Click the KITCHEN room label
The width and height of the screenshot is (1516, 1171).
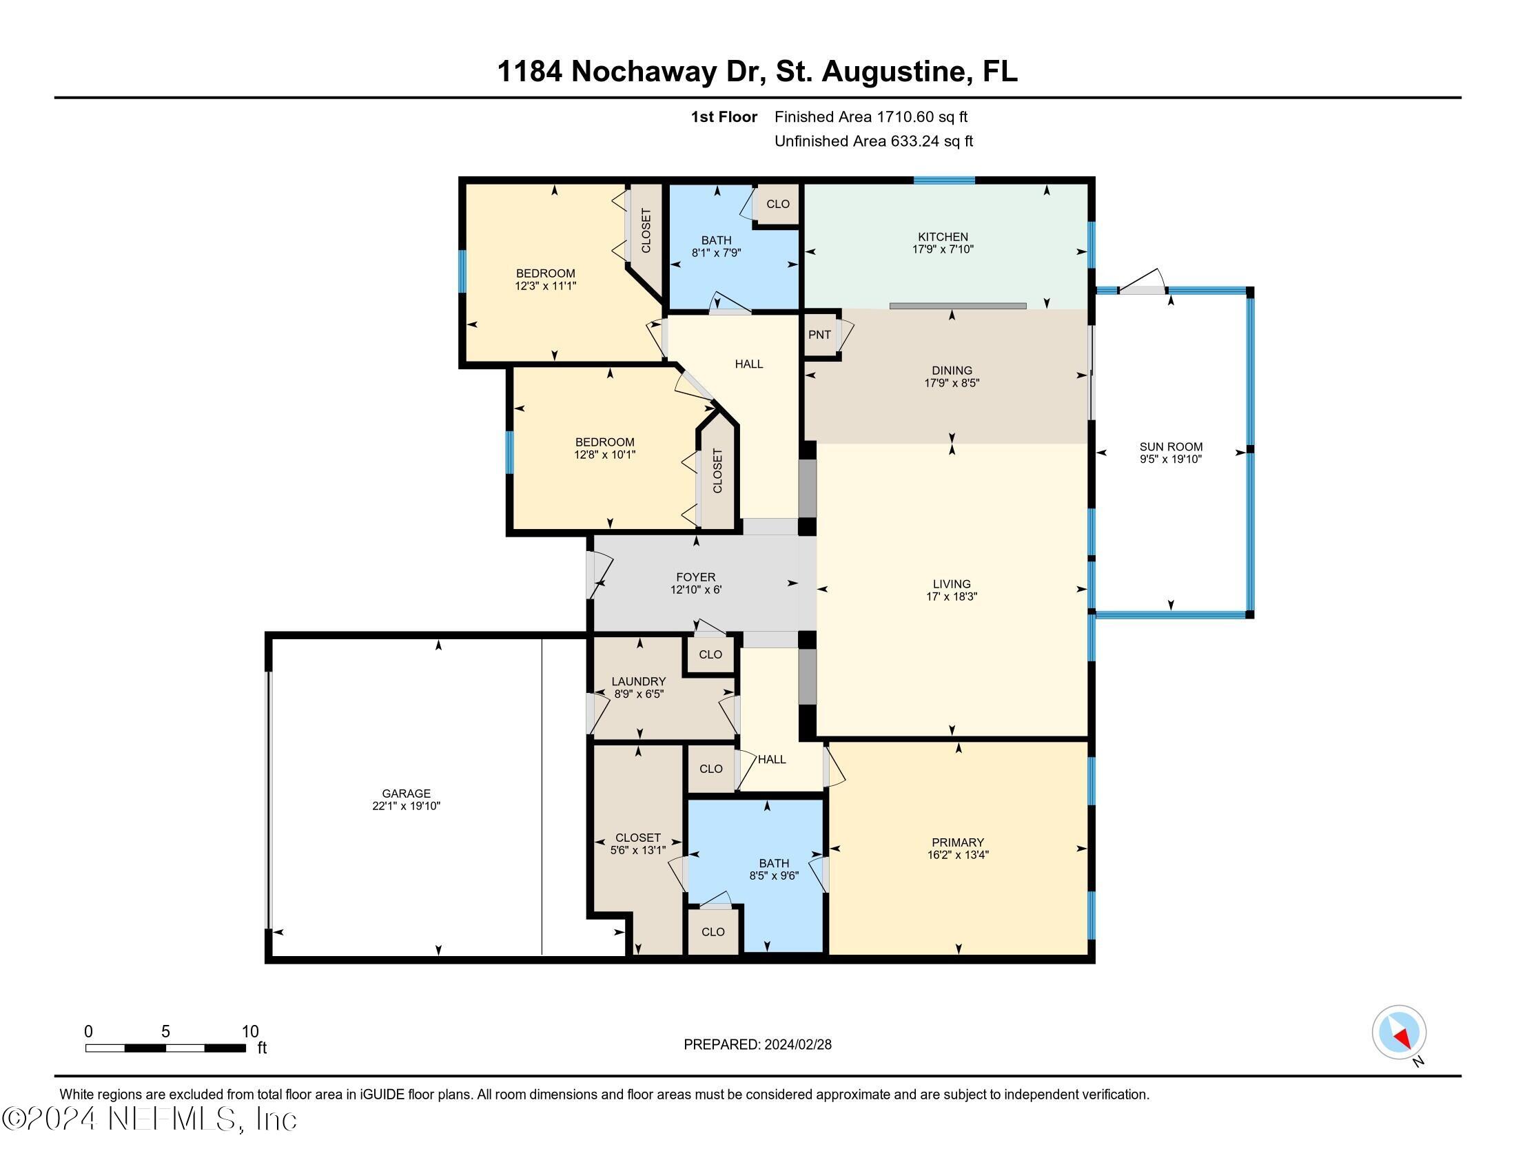[942, 236]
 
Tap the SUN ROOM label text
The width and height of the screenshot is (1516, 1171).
[1170, 447]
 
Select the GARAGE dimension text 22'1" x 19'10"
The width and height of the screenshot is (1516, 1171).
[406, 806]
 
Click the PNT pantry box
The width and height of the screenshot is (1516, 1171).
[819, 335]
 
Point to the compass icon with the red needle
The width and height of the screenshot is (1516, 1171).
[1398, 1033]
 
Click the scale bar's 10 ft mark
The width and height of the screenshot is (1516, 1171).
[249, 1032]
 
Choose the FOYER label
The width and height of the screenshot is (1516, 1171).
[695, 577]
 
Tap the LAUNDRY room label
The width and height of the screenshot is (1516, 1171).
[638, 682]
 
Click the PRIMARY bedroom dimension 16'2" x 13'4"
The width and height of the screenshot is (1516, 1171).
[957, 856]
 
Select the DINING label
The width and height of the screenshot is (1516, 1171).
[952, 371]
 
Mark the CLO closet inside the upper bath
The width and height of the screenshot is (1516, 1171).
[777, 204]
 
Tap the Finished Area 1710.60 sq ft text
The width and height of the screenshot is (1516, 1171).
[870, 117]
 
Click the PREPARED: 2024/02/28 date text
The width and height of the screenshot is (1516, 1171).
[757, 1045]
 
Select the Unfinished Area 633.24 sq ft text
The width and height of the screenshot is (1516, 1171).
[873, 141]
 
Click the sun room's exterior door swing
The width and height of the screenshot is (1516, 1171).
[1142, 282]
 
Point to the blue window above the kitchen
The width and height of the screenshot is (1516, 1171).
[943, 180]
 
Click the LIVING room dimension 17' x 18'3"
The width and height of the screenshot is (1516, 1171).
[951, 597]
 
